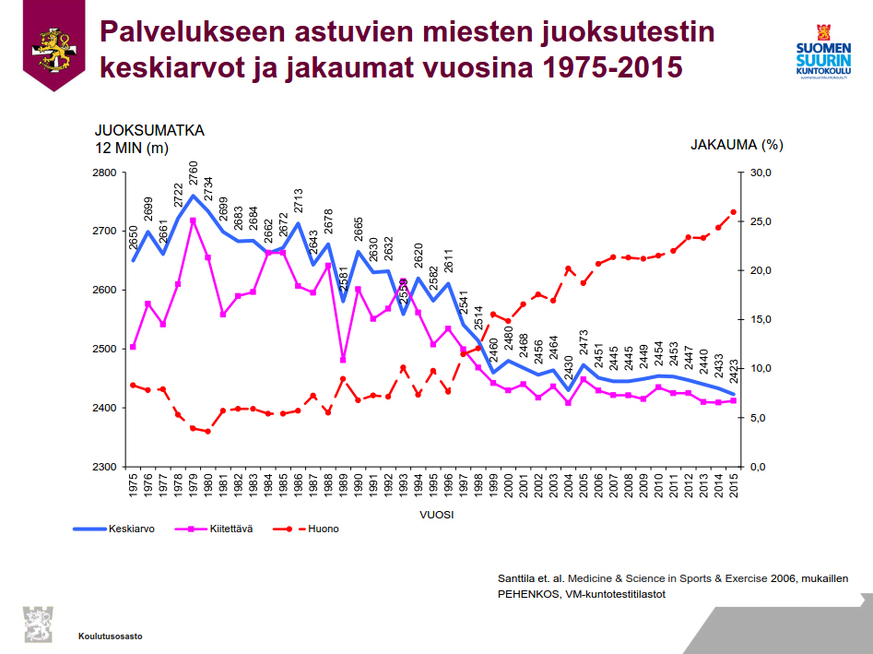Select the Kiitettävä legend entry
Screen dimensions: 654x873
click(x=230, y=529)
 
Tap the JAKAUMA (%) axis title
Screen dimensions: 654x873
click(x=737, y=144)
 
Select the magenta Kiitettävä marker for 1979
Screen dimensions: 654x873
click(x=193, y=220)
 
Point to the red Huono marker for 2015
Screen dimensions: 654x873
click(x=734, y=212)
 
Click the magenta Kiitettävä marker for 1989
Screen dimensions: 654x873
click(x=343, y=360)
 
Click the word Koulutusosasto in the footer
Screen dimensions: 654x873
click(x=111, y=636)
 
